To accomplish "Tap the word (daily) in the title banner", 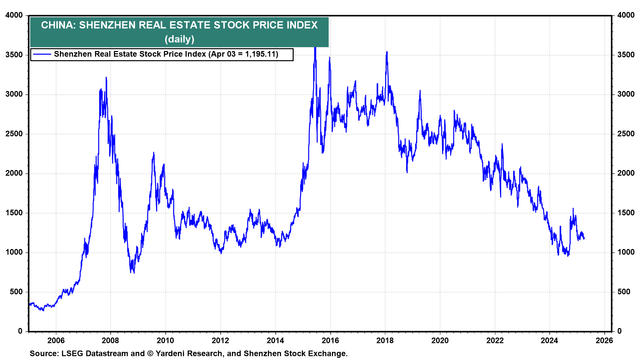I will click(179, 39).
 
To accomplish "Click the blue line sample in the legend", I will click(42, 54).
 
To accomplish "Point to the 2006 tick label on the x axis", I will click(56, 340).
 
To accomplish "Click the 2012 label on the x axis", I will click(220, 340).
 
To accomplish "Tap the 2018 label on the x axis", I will click(385, 340).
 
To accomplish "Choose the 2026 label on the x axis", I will click(604, 340).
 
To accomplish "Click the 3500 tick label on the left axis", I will click(14, 55).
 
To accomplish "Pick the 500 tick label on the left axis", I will click(16, 292).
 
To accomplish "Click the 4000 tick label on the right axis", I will click(626, 15).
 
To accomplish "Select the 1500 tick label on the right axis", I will click(626, 213).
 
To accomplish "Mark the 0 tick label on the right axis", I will click(619, 331).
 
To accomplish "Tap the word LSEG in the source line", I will click(73, 354).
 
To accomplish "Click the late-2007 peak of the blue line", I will click(106, 78).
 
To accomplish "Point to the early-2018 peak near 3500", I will click(387, 52).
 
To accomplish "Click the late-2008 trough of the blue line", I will click(134, 273).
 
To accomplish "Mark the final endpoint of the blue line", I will click(584, 238).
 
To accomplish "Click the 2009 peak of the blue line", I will click(154, 153).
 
